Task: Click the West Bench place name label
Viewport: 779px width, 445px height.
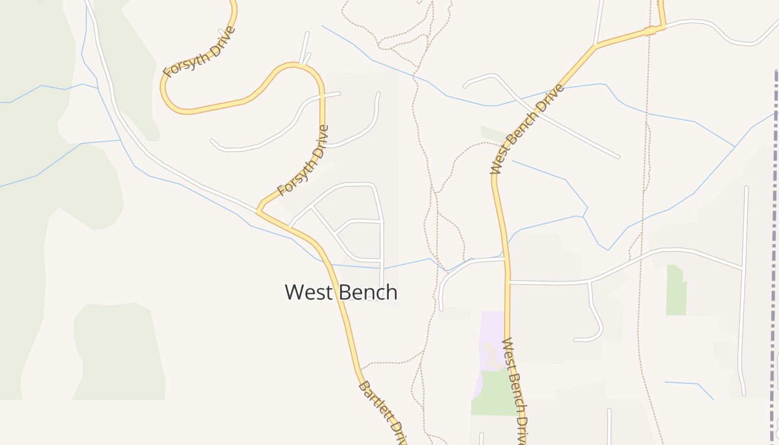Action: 341,292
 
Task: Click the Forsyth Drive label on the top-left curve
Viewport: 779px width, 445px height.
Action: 199,52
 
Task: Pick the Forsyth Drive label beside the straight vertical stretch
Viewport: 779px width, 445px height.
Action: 304,161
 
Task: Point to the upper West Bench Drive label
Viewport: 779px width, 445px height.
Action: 527,129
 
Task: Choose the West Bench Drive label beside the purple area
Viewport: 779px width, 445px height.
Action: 515,389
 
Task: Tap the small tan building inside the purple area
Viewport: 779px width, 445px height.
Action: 492,356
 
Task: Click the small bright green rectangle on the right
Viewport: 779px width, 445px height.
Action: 676,290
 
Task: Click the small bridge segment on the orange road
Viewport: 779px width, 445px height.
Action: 650,31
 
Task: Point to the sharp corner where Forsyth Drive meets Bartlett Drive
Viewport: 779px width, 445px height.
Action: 258,211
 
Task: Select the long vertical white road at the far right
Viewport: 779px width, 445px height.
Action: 745,278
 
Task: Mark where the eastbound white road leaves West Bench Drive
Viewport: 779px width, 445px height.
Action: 509,282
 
